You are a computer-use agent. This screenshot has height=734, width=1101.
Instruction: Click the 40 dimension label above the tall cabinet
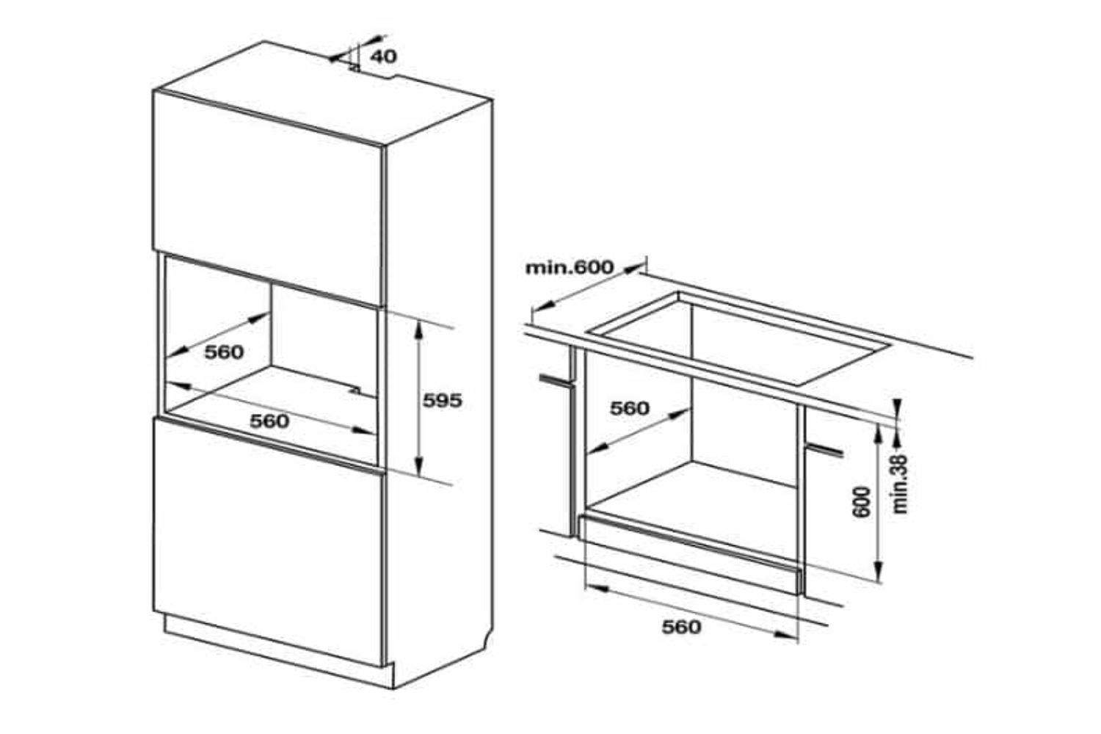[x=382, y=57]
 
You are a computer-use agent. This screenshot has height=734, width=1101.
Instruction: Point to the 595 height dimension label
[x=442, y=401]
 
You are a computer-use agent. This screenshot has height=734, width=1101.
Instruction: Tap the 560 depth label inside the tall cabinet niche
[x=223, y=352]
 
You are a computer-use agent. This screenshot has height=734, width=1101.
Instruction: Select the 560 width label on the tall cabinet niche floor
[x=269, y=421]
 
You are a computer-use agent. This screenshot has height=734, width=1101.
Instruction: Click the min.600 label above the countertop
[x=569, y=267]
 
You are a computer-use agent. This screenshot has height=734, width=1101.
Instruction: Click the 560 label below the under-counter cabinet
[x=681, y=627]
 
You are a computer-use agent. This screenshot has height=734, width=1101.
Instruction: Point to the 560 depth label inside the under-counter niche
[x=630, y=408]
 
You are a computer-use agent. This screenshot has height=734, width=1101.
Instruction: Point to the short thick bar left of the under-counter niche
[x=556, y=381]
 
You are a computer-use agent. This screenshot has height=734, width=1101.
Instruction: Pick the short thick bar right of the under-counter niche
[x=826, y=449]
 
